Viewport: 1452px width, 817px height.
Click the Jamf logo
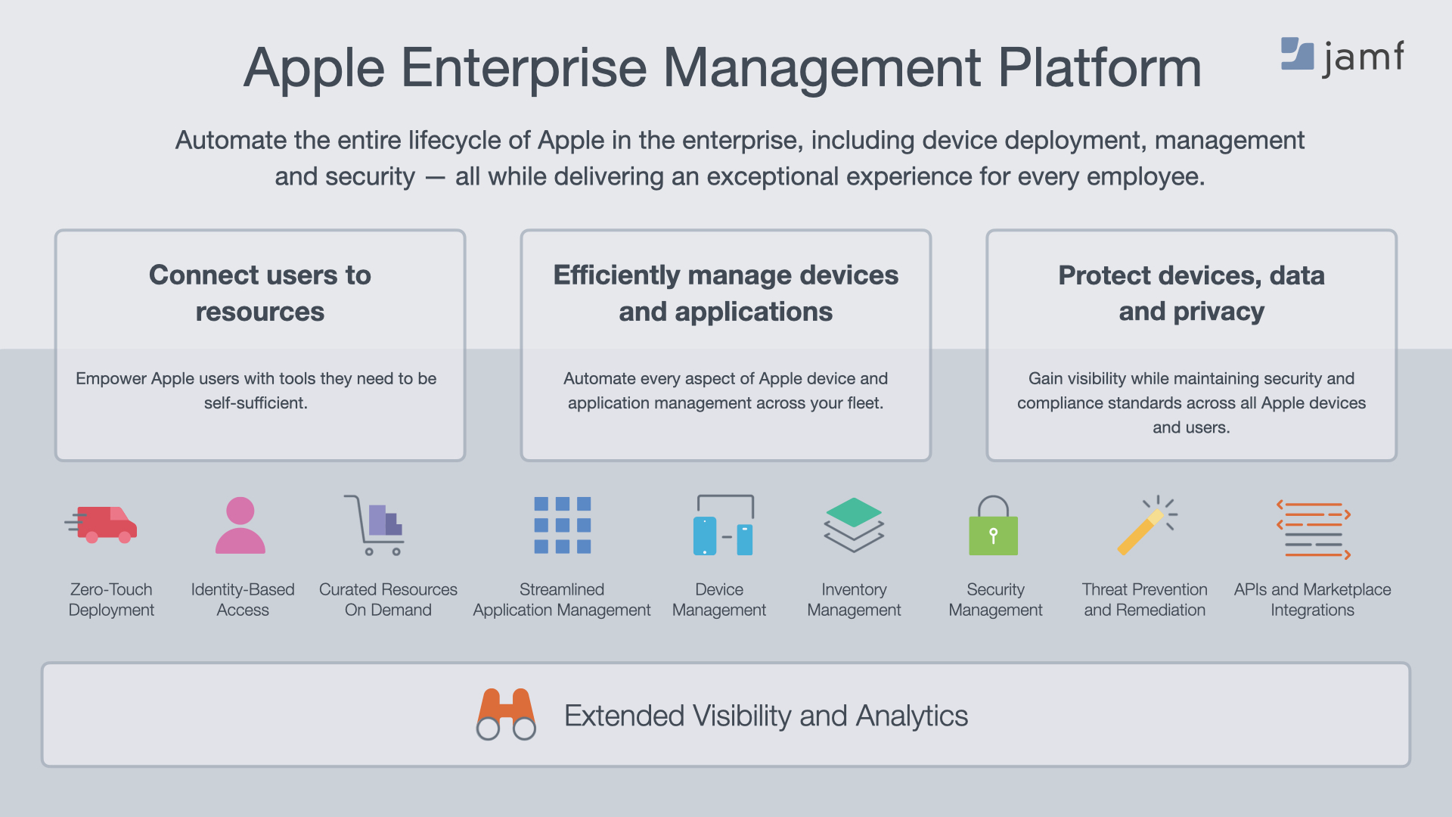point(1342,57)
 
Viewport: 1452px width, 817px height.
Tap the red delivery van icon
point(101,524)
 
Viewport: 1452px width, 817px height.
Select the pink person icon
point(240,525)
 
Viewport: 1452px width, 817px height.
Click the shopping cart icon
point(374,525)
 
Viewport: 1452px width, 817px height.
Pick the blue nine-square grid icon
point(563,525)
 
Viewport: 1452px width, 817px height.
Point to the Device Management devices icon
point(724,525)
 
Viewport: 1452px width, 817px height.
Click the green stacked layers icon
point(854,525)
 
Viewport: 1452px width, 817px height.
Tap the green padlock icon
point(994,525)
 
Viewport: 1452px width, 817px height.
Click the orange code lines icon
point(1314,530)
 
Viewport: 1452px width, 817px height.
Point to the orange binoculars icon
point(506,714)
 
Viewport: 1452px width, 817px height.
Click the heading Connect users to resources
point(260,293)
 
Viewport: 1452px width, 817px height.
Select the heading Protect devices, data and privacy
point(1191,293)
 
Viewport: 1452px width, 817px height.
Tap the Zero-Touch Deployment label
point(111,599)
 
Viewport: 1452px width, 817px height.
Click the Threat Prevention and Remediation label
point(1145,599)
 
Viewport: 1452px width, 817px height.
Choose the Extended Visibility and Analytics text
point(766,716)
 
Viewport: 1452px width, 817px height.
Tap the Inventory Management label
point(854,599)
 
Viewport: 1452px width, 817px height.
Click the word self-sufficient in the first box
point(256,402)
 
